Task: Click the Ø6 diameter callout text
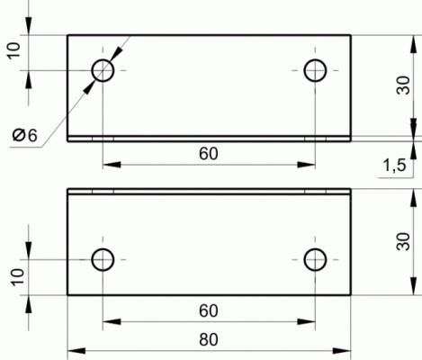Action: pyautogui.click(x=25, y=135)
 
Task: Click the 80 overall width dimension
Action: pyautogui.click(x=209, y=340)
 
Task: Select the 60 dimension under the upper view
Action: pyautogui.click(x=209, y=154)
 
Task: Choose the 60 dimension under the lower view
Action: pyautogui.click(x=209, y=310)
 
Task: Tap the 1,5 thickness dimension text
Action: pyautogui.click(x=395, y=166)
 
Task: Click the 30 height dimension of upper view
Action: pyautogui.click(x=403, y=85)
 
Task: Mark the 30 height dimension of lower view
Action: pyautogui.click(x=403, y=241)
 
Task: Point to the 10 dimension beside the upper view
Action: pyautogui.click(x=14, y=50)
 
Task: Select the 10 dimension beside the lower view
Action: pyautogui.click(x=18, y=276)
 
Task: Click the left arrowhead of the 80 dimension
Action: pyautogui.click(x=76, y=351)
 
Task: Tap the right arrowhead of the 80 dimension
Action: pyautogui.click(x=342, y=351)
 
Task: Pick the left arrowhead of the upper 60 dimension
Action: pyautogui.click(x=112, y=165)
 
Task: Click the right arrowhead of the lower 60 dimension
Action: pyautogui.click(x=306, y=321)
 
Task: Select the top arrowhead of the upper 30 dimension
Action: pyautogui.click(x=414, y=44)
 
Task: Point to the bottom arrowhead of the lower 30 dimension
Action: pyautogui.click(x=414, y=286)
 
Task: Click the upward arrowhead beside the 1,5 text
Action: pyautogui.click(x=414, y=150)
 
